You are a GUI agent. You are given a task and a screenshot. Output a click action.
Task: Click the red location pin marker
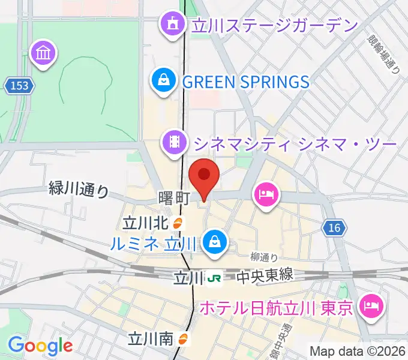[204, 176]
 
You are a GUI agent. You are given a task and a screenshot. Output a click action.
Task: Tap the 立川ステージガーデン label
[274, 25]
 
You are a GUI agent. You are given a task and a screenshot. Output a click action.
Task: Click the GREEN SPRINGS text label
[246, 82]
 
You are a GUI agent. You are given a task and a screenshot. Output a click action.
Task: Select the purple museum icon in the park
[44, 54]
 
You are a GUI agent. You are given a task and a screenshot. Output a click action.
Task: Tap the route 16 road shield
[334, 227]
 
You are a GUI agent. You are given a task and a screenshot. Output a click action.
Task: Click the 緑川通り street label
[79, 190]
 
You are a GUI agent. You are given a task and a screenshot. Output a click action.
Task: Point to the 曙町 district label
[175, 198]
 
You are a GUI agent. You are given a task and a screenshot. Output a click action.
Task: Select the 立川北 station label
[145, 223]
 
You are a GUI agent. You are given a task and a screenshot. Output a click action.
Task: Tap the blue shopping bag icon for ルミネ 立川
[213, 242]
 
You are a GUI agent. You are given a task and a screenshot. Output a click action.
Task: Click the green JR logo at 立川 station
[214, 278]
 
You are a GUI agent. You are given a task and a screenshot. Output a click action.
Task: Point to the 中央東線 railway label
[264, 276]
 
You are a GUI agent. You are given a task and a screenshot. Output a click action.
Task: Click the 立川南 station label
[151, 339]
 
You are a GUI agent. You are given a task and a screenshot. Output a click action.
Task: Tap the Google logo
[40, 346]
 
